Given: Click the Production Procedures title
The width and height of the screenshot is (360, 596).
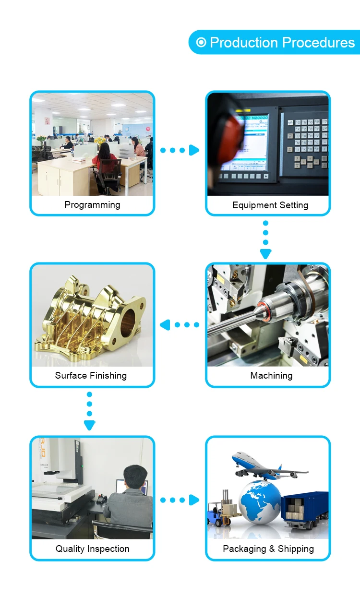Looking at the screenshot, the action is [282, 43].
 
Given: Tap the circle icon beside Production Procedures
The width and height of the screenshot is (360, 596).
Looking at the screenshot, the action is [202, 42].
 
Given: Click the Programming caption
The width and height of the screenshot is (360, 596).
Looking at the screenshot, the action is [92, 205].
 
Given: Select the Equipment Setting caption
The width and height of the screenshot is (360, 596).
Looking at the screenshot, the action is [270, 205].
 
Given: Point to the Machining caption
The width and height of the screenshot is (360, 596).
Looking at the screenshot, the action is [271, 376].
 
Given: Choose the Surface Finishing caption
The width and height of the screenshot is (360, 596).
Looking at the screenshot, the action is [91, 376].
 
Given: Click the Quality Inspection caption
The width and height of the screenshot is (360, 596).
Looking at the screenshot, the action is [92, 549].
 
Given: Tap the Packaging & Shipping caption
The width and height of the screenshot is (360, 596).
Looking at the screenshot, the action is [268, 549].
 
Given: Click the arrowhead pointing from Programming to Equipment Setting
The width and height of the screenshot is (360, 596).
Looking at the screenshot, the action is [194, 150].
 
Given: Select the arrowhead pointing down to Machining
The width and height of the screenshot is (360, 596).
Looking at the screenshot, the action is [265, 254].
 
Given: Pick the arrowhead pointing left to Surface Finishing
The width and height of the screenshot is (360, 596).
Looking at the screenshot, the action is [165, 325].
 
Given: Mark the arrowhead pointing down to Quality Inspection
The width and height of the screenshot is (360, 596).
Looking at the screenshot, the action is [89, 425].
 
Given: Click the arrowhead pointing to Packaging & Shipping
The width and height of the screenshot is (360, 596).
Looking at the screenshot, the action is [194, 500].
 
